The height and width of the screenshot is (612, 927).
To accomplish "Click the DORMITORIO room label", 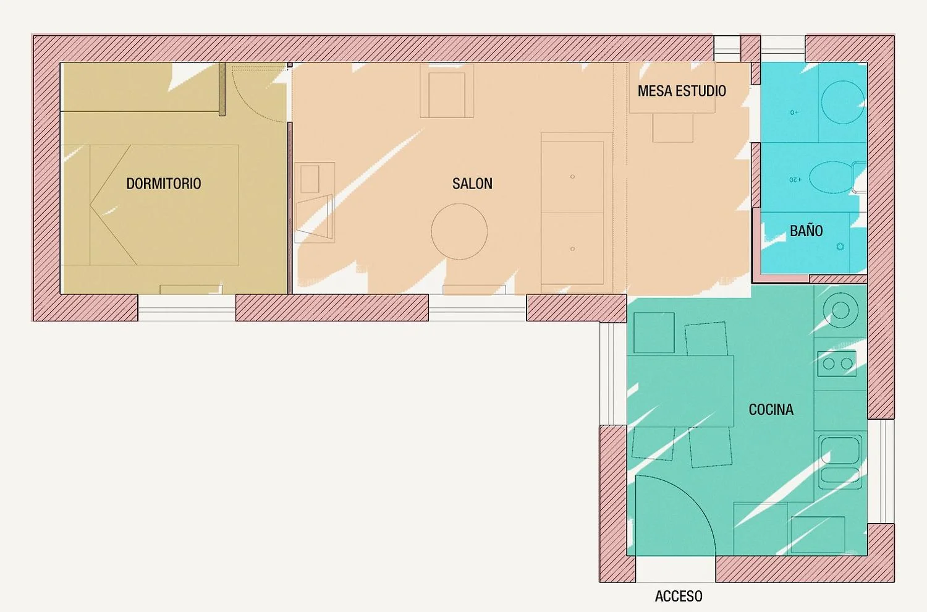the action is click(x=164, y=184).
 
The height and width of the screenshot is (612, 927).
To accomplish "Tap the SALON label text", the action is click(x=472, y=184).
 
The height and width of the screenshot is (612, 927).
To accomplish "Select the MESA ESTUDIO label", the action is click(x=682, y=91).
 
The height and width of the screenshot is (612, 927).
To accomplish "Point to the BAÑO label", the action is click(x=806, y=231).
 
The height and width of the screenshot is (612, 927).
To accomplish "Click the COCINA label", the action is click(x=771, y=409).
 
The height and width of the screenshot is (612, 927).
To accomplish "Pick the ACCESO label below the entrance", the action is click(x=679, y=597).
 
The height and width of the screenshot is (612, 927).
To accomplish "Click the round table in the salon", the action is click(x=459, y=231).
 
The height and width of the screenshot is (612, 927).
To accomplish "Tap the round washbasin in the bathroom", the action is click(x=842, y=102).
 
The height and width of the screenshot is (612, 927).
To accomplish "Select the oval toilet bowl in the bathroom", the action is click(x=832, y=177).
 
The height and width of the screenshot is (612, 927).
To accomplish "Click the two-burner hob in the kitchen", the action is click(x=837, y=363).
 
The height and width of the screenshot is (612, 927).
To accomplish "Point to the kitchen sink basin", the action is click(x=840, y=451).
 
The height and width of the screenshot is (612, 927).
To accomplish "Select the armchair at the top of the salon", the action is click(x=447, y=91).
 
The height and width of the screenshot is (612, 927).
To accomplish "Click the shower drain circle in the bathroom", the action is click(x=840, y=247).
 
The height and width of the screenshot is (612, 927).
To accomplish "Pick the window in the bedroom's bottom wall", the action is click(x=187, y=308).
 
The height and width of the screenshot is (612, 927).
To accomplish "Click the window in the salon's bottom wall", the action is click(x=477, y=308).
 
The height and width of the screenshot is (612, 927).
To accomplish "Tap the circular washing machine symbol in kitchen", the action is click(x=840, y=310).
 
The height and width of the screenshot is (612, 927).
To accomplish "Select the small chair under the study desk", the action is click(x=673, y=128).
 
